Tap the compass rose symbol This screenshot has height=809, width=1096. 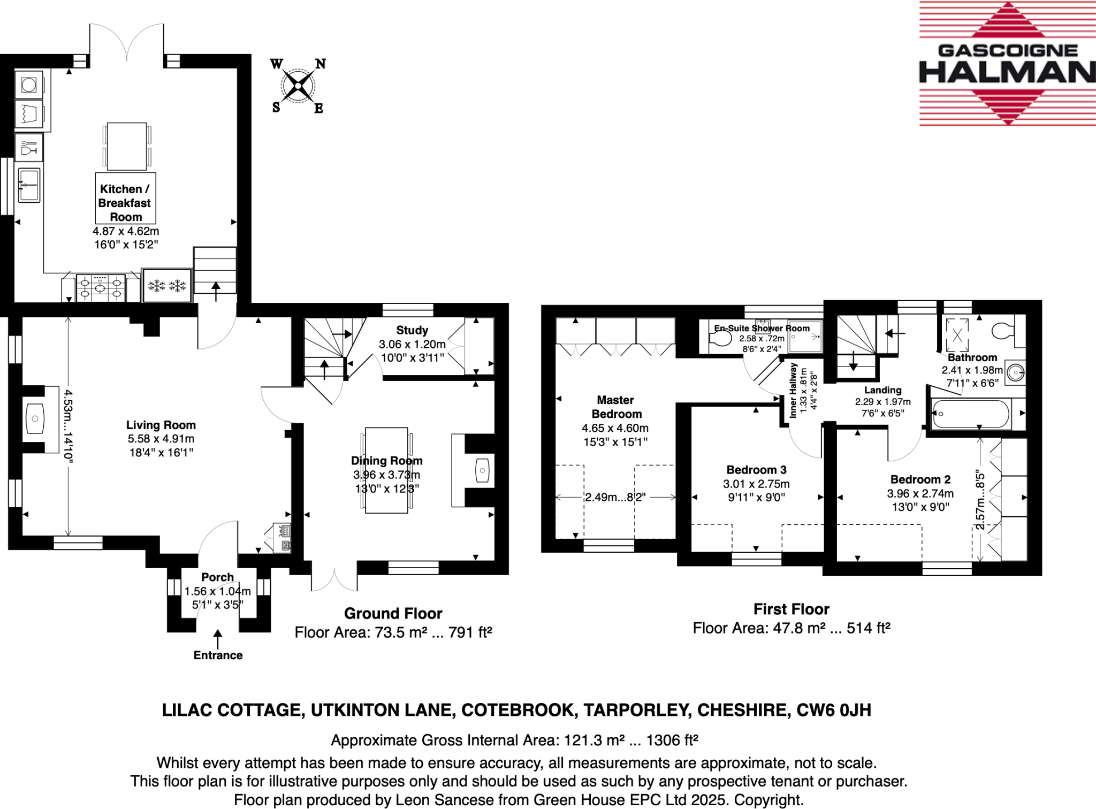[x=298, y=86]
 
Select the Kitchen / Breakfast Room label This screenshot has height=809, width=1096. [x=125, y=203]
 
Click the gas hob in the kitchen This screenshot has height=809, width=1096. [x=101, y=288]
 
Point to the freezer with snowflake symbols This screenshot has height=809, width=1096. [x=167, y=286]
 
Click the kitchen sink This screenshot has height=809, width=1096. [x=29, y=185]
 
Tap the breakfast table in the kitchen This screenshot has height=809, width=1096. [x=127, y=146]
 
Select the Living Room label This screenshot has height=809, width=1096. [x=161, y=425]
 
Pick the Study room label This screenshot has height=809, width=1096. [x=412, y=330]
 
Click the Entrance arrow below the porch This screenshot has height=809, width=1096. [x=218, y=639]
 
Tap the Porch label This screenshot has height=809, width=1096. [x=217, y=577]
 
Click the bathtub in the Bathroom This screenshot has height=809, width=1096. [x=971, y=414]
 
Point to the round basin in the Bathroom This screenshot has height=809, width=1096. [x=1015, y=372]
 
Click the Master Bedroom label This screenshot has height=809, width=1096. [x=615, y=407]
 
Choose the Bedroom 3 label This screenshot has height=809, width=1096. [x=756, y=470]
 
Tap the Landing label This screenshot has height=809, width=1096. [x=882, y=390]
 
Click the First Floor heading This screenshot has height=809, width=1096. [x=791, y=609]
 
